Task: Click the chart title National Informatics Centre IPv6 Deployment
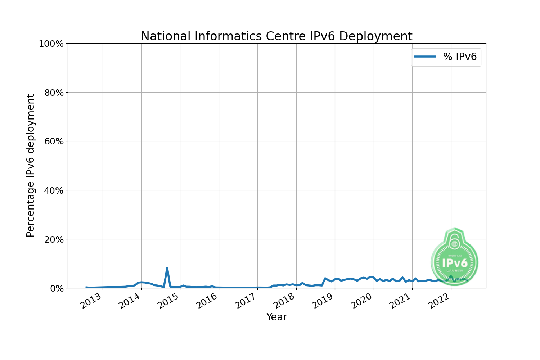point(276,36)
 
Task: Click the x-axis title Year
point(276,317)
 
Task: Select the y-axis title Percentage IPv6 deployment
point(31,166)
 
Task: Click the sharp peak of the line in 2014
point(167,268)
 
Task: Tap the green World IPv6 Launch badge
point(455,257)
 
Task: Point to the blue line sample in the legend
point(425,57)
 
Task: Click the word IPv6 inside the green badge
point(455,263)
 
